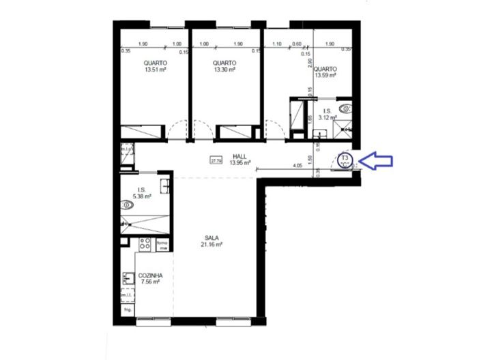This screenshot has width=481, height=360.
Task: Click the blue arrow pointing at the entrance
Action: [376, 161]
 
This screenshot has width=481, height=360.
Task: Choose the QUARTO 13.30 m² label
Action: [224, 65]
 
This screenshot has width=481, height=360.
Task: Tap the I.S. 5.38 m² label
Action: [142, 193]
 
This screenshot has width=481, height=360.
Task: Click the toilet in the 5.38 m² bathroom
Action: [128, 205]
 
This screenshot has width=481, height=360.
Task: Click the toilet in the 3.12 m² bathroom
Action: [347, 108]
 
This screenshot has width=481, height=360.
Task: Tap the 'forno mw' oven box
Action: [162, 245]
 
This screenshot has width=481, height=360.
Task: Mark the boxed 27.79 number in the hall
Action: [216, 161]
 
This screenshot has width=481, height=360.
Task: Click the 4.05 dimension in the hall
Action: [297, 165]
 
